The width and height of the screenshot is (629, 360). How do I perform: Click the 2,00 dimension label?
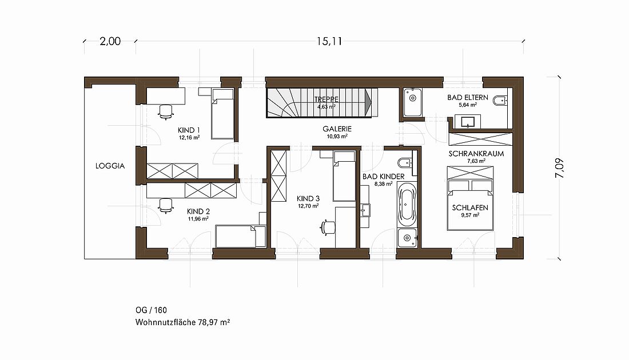pyautogui.click(x=110, y=41)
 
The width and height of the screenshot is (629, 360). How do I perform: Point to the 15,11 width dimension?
pyautogui.click(x=329, y=41)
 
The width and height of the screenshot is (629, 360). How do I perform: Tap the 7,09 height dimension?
pyautogui.click(x=559, y=168)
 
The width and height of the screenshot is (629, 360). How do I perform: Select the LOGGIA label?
pyautogui.click(x=110, y=166)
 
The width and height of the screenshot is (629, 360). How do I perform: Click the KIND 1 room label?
pyautogui.click(x=189, y=130)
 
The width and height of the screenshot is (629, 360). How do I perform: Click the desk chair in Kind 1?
pyautogui.click(x=166, y=112)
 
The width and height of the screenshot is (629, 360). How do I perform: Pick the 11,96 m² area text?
pyautogui.click(x=198, y=219)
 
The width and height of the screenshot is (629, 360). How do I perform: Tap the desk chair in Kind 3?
pyautogui.click(x=327, y=226)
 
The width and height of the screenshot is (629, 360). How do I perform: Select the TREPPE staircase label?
pyautogui.click(x=327, y=99)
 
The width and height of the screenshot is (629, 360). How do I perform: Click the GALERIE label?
pyautogui.click(x=337, y=129)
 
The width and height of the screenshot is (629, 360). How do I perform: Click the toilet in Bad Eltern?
pyautogui.click(x=499, y=100)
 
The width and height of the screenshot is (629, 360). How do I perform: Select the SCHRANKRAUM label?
pyautogui.click(x=476, y=154)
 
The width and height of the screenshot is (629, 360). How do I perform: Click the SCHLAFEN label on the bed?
pyautogui.click(x=470, y=207)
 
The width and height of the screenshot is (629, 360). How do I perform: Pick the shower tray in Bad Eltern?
pyautogui.click(x=412, y=102)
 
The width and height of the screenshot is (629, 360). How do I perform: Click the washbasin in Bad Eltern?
pyautogui.click(x=468, y=122)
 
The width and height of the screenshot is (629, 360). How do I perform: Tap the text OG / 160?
pyautogui.click(x=151, y=310)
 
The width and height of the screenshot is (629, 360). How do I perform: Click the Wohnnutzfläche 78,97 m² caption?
pyautogui.click(x=182, y=322)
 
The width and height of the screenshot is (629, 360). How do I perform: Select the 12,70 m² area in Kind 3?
pyautogui.click(x=308, y=206)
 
